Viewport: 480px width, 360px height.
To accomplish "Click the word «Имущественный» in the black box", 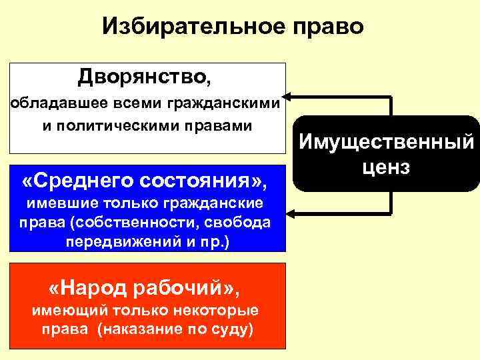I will point(387,141).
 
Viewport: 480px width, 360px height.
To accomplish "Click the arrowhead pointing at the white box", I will point(291,97).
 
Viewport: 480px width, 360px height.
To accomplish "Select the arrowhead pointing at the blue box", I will point(291,213).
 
